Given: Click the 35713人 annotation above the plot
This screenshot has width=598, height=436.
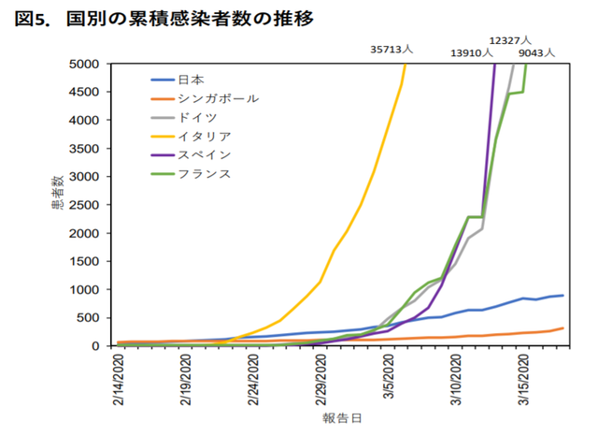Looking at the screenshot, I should pyautogui.click(x=393, y=49).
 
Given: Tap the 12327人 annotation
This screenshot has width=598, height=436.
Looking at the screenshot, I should pyautogui.click(x=510, y=40).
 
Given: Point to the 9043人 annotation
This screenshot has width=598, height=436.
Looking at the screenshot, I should pyautogui.click(x=536, y=53).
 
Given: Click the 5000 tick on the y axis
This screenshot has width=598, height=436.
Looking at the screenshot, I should pyautogui.click(x=89, y=65).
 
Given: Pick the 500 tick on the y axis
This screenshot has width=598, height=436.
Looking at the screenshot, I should pyautogui.click(x=93, y=318).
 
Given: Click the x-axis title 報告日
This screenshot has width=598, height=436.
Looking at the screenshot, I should pyautogui.click(x=338, y=419).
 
